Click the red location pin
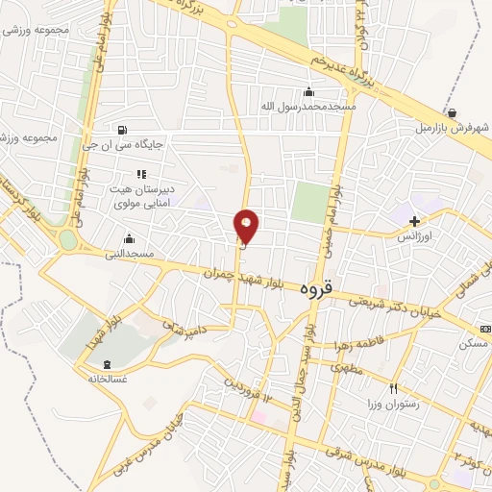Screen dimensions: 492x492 click(x=247, y=227)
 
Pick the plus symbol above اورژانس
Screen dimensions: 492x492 click(x=414, y=221)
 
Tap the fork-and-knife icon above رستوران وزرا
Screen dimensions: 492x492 click(x=393, y=388)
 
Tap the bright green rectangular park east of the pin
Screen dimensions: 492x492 click(x=310, y=203)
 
